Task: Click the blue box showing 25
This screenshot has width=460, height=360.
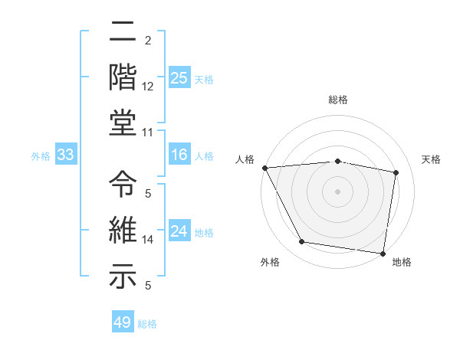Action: (179, 77)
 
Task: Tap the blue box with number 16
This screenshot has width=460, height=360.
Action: (179, 155)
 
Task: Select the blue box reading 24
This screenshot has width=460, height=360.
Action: (179, 231)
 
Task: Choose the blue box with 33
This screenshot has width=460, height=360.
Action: (66, 155)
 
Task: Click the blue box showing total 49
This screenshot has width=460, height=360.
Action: (123, 322)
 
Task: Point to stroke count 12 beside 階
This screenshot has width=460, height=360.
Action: (148, 87)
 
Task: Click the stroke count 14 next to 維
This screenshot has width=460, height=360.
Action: (148, 240)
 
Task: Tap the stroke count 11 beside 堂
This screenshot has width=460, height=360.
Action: (148, 132)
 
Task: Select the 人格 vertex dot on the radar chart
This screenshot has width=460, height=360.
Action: (264, 167)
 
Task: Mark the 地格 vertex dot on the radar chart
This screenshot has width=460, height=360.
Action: (383, 253)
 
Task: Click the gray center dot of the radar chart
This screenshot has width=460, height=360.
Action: (337, 191)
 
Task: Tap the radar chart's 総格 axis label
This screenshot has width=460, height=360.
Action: (338, 100)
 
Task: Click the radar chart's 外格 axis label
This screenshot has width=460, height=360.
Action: (270, 263)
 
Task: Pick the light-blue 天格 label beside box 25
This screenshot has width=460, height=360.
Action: (204, 79)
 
